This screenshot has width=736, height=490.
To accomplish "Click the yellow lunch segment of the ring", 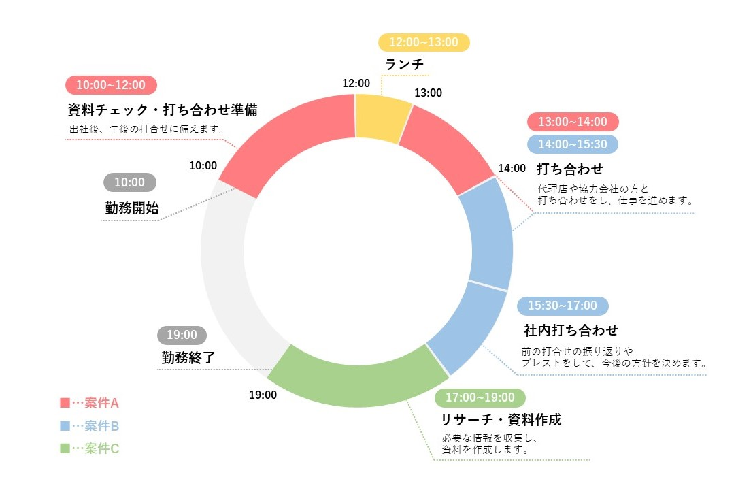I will pyautogui.click(x=382, y=118).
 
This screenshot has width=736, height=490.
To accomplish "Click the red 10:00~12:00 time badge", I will pyautogui.click(x=111, y=85).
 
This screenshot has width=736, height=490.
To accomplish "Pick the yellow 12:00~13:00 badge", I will pyautogui.click(x=424, y=42).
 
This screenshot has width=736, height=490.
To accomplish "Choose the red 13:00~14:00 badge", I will pyautogui.click(x=573, y=122).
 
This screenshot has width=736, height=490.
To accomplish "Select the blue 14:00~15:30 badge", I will pyautogui.click(x=573, y=144).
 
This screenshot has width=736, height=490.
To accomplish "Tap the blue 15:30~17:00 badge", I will pyautogui.click(x=563, y=306).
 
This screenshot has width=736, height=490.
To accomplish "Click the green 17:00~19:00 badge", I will pyautogui.click(x=480, y=397).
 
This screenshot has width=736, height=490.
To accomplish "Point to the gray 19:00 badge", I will pyautogui.click(x=182, y=335).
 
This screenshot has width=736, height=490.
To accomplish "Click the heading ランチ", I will pyautogui.click(x=404, y=65).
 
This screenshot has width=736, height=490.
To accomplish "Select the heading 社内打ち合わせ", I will pyautogui.click(x=571, y=331).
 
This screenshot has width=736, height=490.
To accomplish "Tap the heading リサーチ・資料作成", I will pyautogui.click(x=501, y=419).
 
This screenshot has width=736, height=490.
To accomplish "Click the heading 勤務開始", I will pyautogui.click(x=132, y=209).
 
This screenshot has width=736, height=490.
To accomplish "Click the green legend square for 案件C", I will pyautogui.click(x=65, y=448).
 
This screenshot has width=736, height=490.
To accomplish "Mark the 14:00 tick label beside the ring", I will pyautogui.click(x=512, y=168).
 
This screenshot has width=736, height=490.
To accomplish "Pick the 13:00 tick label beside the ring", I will pyautogui.click(x=428, y=93).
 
